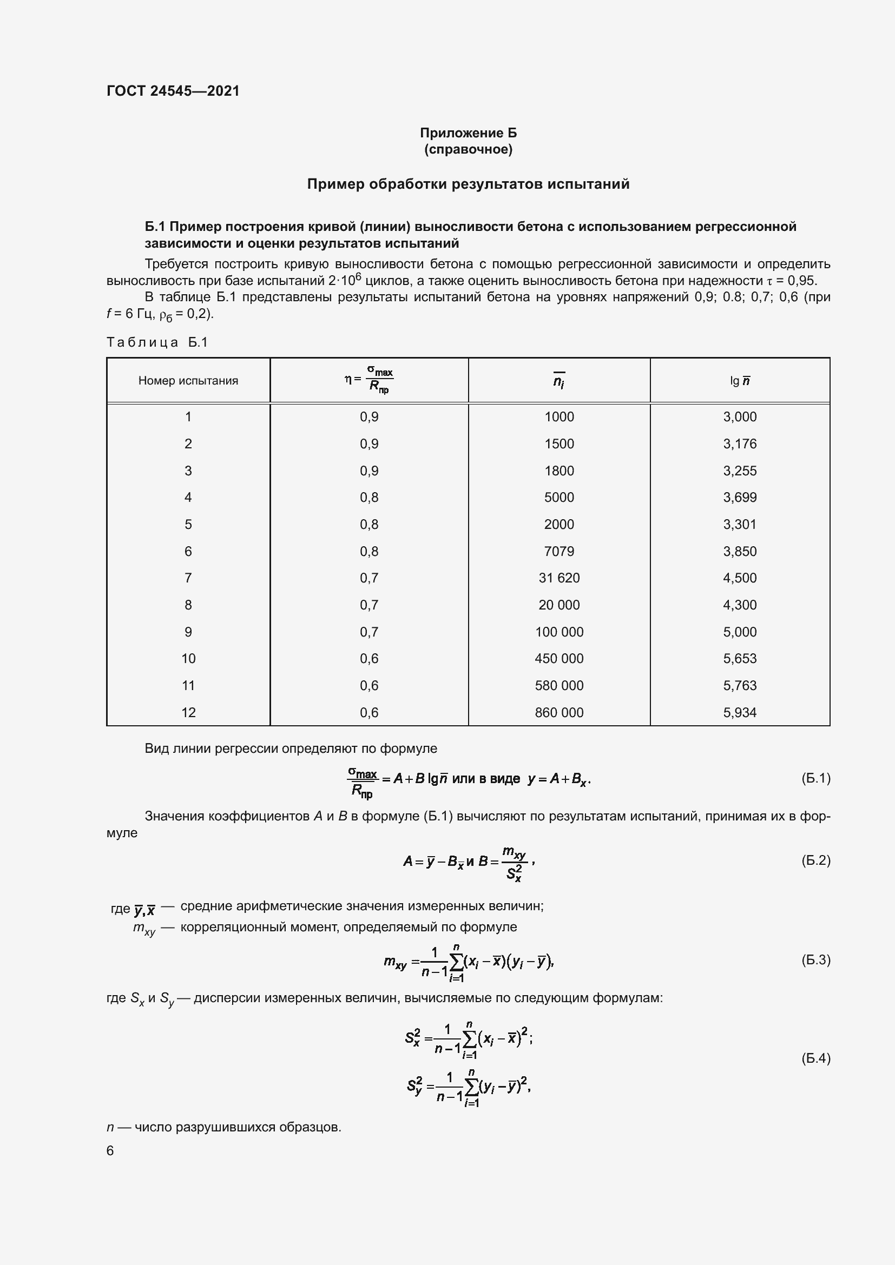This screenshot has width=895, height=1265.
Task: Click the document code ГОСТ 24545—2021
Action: (173, 91)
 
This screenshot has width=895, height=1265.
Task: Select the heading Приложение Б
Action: (468, 133)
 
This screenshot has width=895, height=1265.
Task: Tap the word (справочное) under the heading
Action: (468, 149)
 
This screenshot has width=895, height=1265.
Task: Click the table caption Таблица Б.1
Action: (157, 342)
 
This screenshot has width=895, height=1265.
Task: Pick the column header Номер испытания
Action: (188, 381)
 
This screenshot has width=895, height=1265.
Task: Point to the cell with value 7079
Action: (559, 552)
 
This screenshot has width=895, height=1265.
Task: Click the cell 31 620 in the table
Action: (559, 578)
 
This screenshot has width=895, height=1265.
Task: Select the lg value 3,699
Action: (740, 498)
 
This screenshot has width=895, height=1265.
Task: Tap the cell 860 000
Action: (559, 712)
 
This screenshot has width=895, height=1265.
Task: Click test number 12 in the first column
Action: (188, 712)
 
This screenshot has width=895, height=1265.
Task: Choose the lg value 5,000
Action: (740, 632)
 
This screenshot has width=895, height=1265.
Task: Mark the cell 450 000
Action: (559, 658)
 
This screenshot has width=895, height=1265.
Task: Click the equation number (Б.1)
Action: (815, 778)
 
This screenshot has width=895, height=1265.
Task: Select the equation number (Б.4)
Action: (815, 1058)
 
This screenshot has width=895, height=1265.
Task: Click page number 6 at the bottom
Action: (110, 1150)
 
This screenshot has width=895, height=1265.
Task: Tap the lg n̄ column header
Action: (740, 381)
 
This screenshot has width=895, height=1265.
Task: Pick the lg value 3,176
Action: (740, 444)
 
